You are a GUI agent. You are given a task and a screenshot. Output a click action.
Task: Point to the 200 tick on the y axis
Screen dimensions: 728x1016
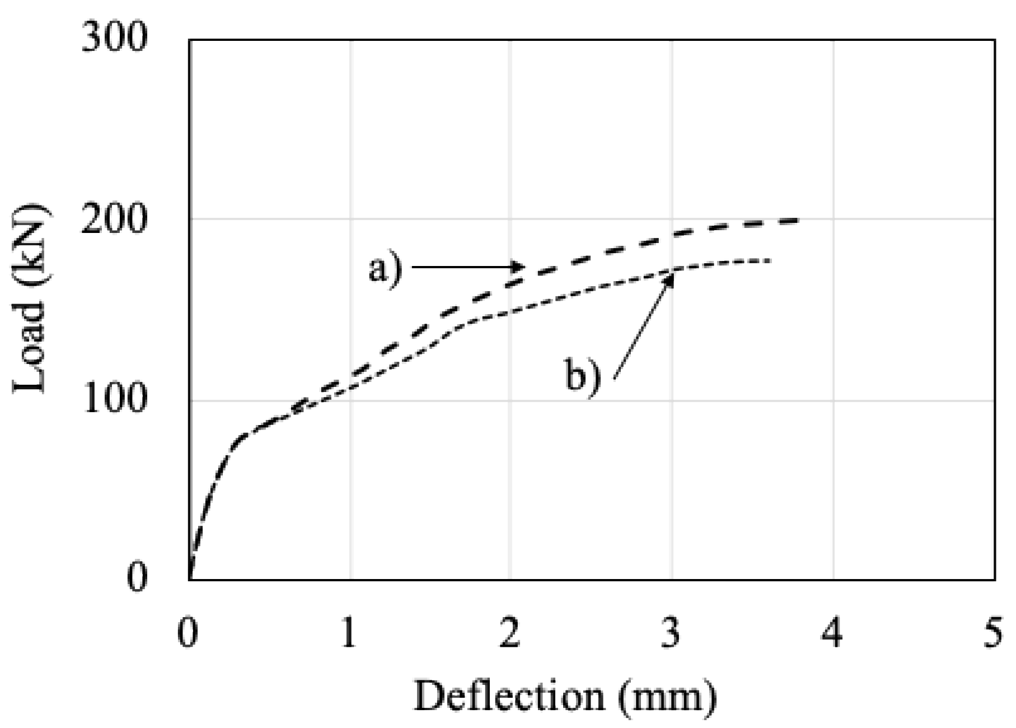[114, 219]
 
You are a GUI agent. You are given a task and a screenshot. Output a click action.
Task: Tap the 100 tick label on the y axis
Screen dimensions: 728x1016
[114, 400]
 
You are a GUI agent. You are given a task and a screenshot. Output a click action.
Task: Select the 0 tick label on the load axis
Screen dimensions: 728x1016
[137, 578]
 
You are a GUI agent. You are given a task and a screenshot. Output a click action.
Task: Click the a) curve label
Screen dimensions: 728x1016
[385, 269]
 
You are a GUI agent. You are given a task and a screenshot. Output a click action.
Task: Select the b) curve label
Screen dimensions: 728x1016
[582, 377]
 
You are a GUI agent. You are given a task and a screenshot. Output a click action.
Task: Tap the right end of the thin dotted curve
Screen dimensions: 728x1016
[771, 260]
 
